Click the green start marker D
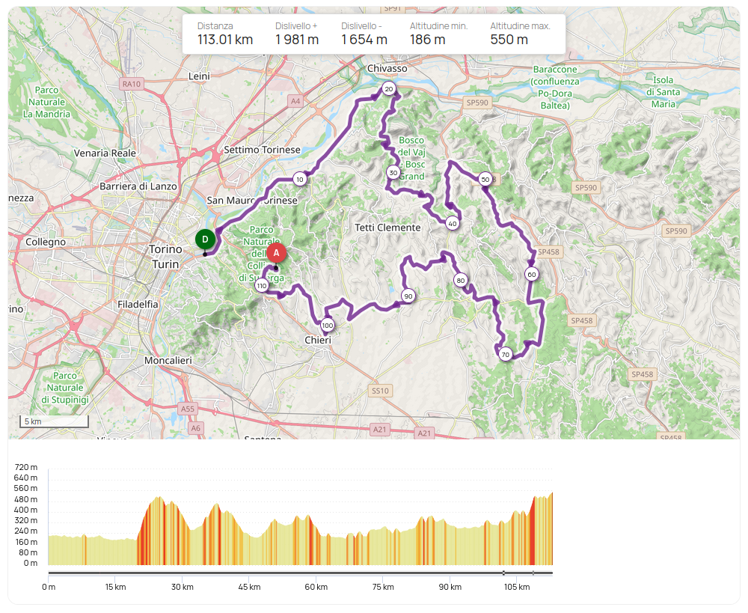point(204,240)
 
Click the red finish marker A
point(276,253)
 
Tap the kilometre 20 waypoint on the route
point(388,89)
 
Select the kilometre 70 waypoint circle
point(506,354)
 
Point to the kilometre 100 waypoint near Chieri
point(328,326)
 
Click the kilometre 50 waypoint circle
point(485,179)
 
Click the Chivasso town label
point(387,68)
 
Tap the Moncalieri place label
point(168,360)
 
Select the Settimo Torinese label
point(262,150)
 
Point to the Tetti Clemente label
point(387,227)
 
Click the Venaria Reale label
point(105,153)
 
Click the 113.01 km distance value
point(225,40)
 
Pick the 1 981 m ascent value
point(297,40)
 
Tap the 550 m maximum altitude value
point(509,40)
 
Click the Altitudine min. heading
point(438,25)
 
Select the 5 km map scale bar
point(54,422)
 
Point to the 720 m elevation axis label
point(26,467)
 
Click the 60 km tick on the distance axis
point(316,587)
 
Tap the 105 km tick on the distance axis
point(517,587)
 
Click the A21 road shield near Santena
point(380,430)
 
